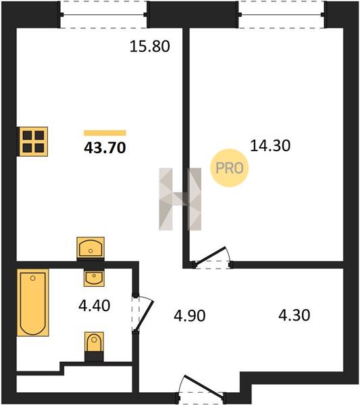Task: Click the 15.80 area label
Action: click(x=150, y=47)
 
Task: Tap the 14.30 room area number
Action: click(x=270, y=145)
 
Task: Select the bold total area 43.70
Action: click(x=105, y=148)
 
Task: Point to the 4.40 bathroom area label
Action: click(x=95, y=305)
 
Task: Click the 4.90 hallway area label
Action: click(x=190, y=316)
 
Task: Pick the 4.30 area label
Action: click(x=294, y=315)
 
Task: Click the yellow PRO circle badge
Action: click(x=230, y=168)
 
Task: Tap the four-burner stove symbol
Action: click(x=32, y=142)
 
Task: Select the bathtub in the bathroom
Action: click(x=33, y=302)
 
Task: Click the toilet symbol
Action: click(x=94, y=346)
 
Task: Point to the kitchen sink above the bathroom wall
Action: click(x=91, y=248)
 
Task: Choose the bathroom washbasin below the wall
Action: click(x=94, y=277)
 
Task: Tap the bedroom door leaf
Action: click(x=210, y=256)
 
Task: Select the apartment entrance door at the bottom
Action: click(x=201, y=388)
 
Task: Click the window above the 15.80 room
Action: click(x=103, y=14)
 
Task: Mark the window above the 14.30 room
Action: click(x=282, y=14)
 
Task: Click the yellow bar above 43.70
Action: click(x=105, y=133)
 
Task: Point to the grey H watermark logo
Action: click(x=180, y=199)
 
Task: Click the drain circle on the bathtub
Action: click(x=33, y=278)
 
